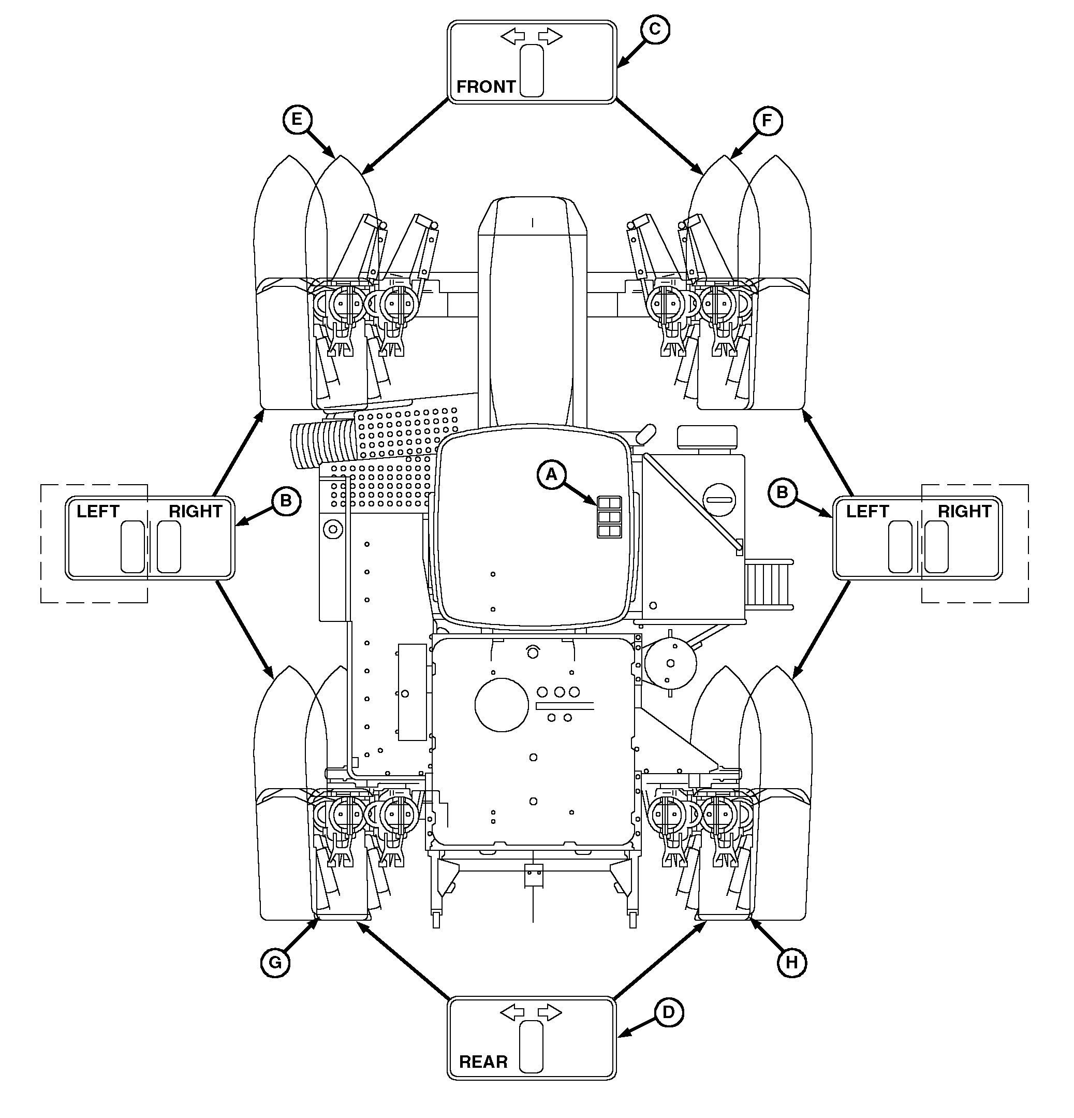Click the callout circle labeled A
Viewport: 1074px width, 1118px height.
[551, 474]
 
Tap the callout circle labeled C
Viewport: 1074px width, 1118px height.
[654, 29]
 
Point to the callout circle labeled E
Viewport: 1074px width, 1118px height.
[297, 120]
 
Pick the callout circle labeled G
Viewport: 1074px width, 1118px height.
[275, 963]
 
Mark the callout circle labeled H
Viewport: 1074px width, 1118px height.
[792, 963]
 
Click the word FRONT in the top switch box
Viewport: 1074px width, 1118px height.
[485, 86]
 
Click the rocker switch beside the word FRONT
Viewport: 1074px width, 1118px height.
[532, 71]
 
